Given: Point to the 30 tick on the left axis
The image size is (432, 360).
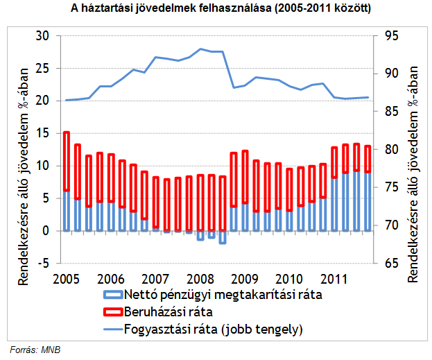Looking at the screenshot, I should tap(42, 36).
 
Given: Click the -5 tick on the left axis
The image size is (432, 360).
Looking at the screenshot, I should tap(42, 263).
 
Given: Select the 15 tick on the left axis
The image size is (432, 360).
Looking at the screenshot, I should tap(42, 133).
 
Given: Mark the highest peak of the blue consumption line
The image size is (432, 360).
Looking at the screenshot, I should tap(200, 49).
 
